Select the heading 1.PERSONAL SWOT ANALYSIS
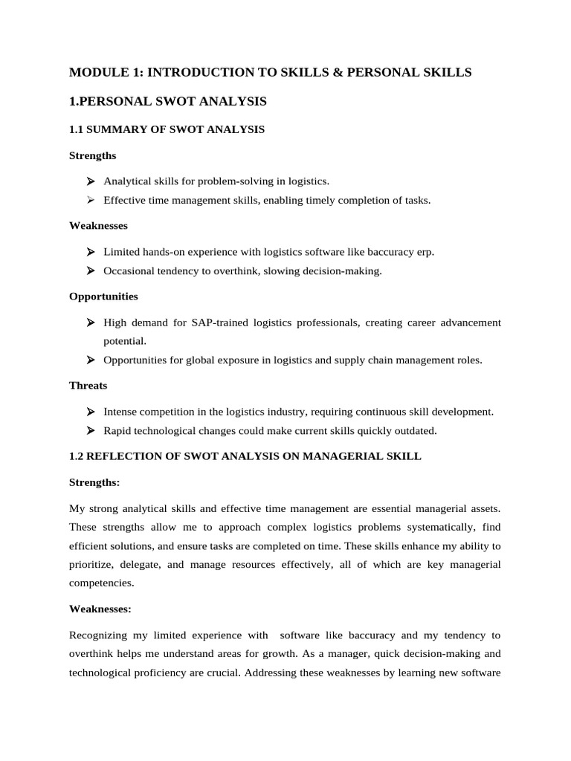coord(167,100)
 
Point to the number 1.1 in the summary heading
coord(77,129)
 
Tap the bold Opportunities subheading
coord(103,297)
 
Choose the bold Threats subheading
coord(88,386)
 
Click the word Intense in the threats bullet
coord(120,412)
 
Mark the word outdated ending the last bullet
coord(416,430)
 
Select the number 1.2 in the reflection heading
coord(77,456)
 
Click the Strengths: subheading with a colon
coord(94,482)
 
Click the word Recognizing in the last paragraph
coord(100,635)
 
